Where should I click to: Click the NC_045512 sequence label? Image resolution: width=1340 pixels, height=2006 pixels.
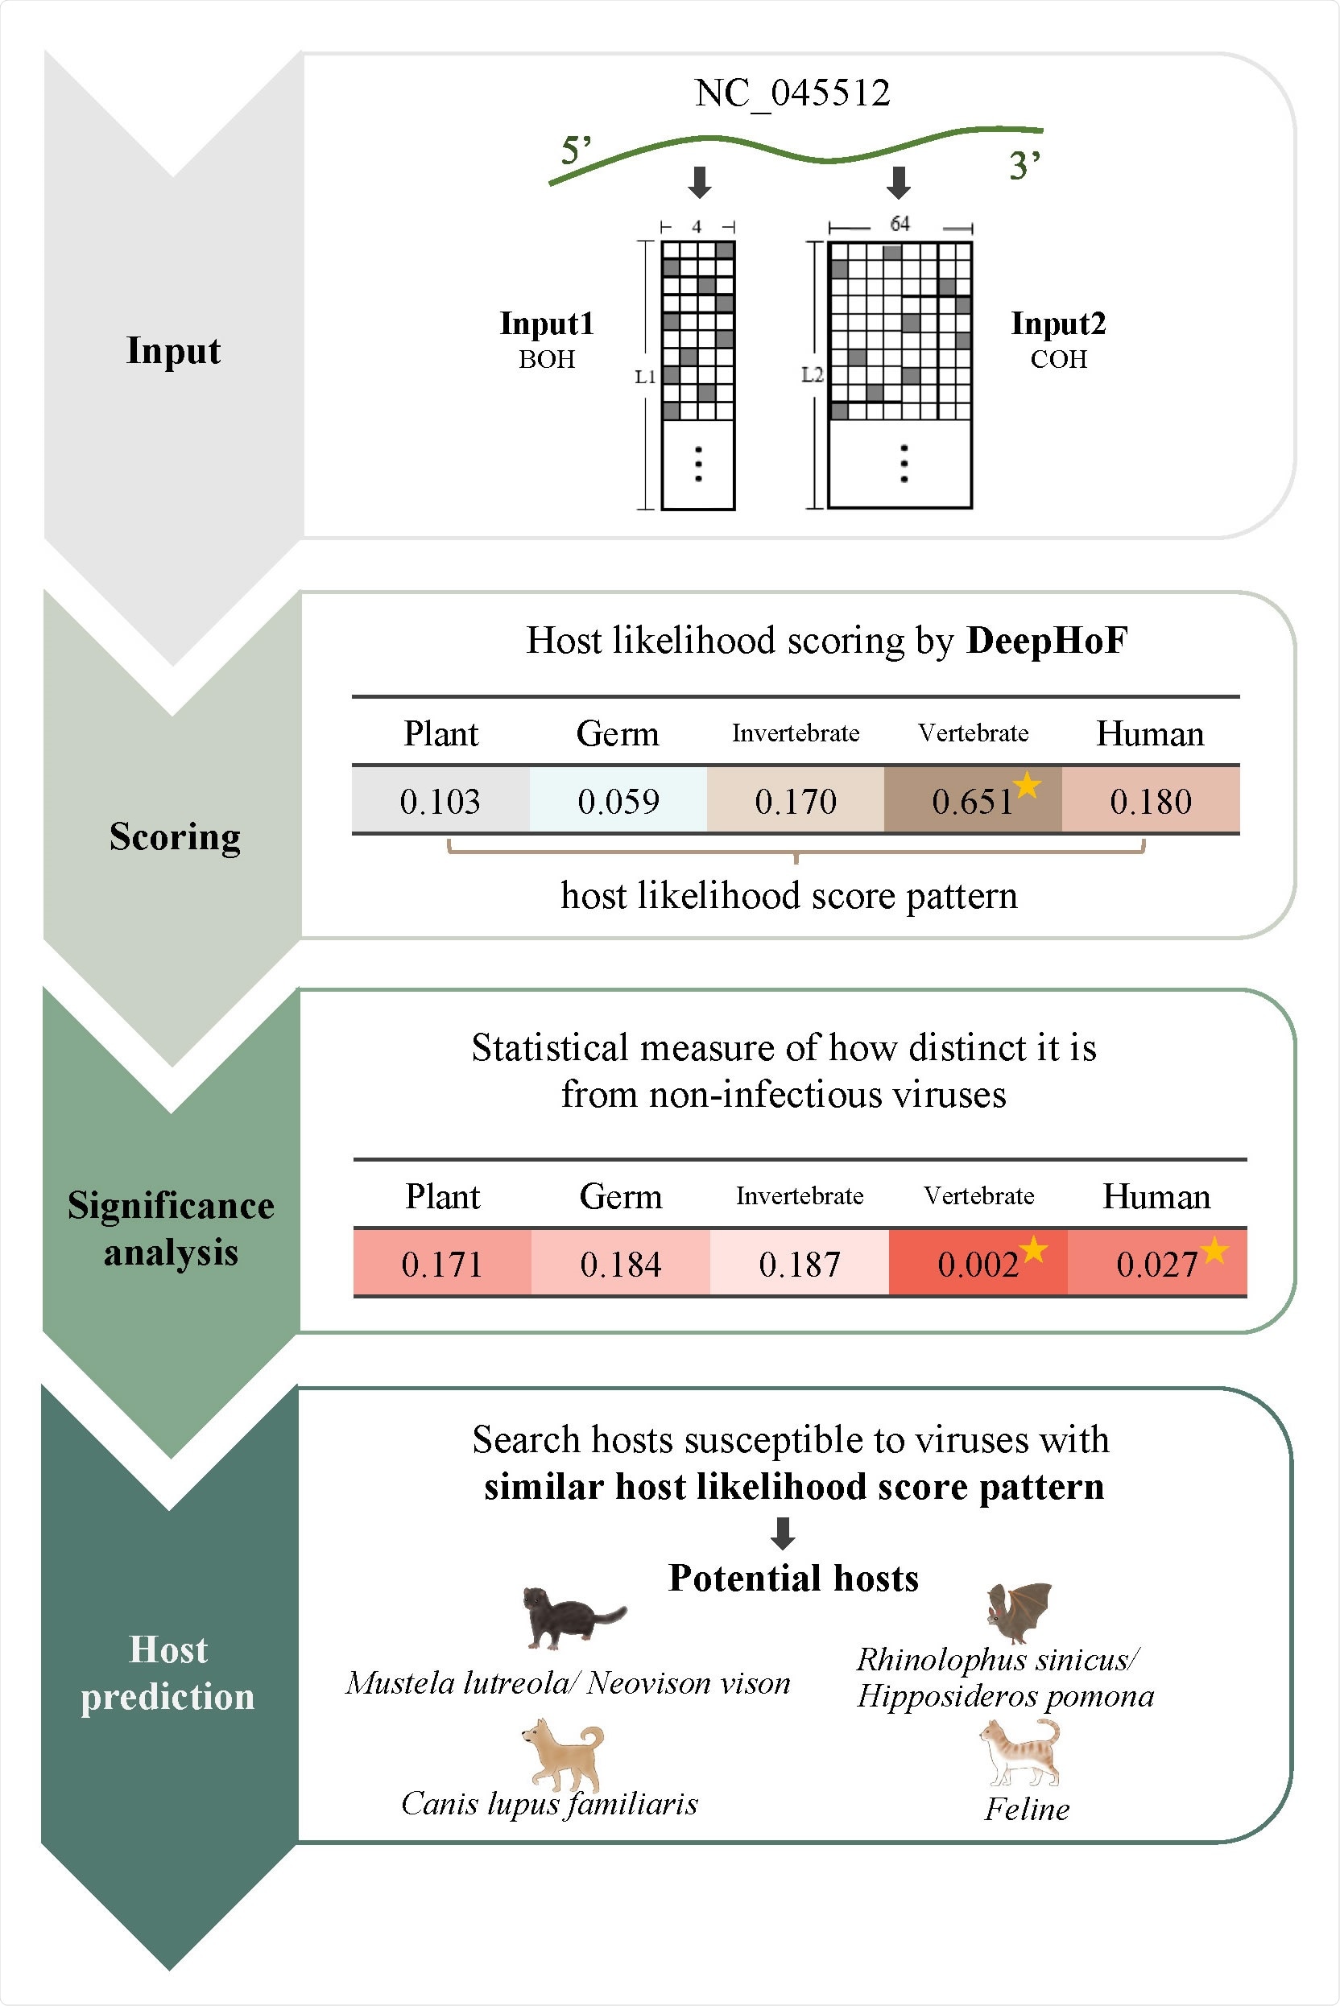[x=792, y=93]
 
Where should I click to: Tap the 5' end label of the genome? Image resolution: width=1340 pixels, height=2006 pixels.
[x=575, y=151]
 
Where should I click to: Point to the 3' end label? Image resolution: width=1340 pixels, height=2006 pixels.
[x=1024, y=165]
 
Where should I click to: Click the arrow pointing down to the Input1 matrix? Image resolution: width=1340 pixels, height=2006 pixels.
[x=700, y=182]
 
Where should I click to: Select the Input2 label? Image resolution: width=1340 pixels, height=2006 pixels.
[x=1058, y=324]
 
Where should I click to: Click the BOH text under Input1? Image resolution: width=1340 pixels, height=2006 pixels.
[x=546, y=360]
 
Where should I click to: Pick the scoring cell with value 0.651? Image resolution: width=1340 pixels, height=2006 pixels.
[x=972, y=800]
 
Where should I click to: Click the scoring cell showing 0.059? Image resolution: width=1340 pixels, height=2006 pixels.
[x=618, y=800]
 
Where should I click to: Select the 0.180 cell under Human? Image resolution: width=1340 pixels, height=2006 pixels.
[x=1150, y=800]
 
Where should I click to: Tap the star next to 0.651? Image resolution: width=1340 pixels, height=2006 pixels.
[x=1027, y=784]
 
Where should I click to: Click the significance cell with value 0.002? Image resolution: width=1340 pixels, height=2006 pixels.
[x=977, y=1264]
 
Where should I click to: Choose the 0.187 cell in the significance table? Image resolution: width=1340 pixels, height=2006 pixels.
[x=799, y=1264]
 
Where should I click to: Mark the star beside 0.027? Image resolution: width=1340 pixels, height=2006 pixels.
[x=1214, y=1251]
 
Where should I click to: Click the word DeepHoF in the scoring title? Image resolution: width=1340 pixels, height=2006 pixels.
[x=1047, y=641]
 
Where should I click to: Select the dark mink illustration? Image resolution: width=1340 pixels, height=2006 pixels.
[x=570, y=1617]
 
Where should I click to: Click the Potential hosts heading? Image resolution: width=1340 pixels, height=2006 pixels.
[x=793, y=1578]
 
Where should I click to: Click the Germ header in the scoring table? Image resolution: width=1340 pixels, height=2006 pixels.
[x=617, y=734]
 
